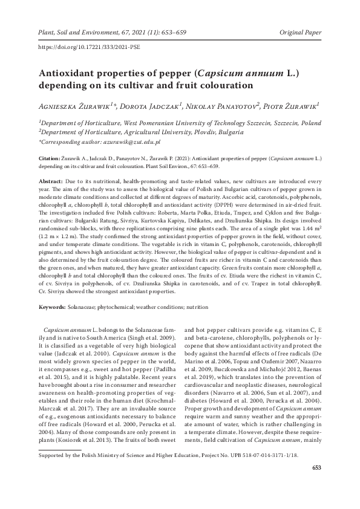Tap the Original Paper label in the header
point(300,30)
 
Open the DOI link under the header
point(84,46)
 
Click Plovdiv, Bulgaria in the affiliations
point(216,131)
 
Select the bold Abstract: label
point(51,181)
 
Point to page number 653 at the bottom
point(316,500)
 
